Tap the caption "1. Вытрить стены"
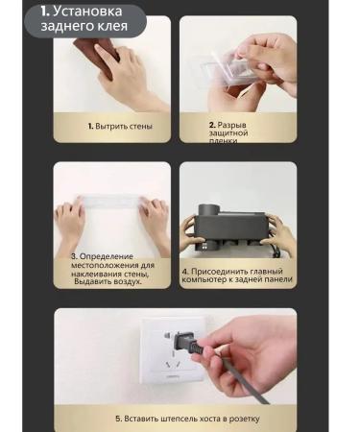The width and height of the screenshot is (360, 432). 120,126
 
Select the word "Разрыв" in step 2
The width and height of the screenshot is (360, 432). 233,125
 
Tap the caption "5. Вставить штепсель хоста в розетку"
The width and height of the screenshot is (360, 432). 186,419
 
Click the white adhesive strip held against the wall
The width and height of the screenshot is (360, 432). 110,206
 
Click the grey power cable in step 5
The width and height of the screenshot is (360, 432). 230,379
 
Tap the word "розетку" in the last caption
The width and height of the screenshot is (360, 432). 243,419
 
